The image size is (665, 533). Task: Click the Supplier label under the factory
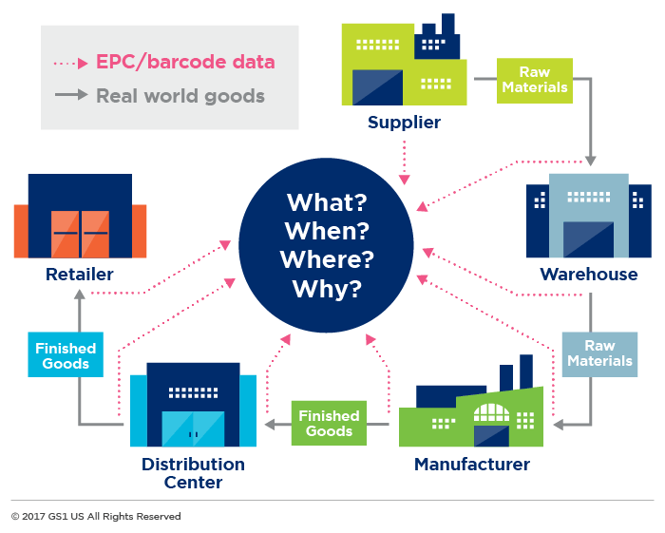[404, 123]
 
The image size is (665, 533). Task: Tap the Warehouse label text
[588, 275]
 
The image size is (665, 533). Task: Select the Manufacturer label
[471, 465]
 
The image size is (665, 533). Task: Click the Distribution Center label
[193, 473]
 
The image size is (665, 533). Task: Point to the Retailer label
[79, 275]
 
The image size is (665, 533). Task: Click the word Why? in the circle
[327, 289]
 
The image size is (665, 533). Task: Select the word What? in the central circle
[328, 202]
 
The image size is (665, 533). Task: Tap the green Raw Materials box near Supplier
[535, 81]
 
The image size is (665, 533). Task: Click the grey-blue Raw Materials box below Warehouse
[598, 353]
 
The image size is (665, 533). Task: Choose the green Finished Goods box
[329, 423]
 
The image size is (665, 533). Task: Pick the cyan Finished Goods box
[66, 355]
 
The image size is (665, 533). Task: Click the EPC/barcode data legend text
[185, 63]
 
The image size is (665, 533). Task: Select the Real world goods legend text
[180, 96]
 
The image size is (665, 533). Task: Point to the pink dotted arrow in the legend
[71, 64]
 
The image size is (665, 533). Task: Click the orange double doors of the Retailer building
[81, 234]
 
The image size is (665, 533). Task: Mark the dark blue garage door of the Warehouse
[587, 238]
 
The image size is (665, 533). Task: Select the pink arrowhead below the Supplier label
[405, 179]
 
